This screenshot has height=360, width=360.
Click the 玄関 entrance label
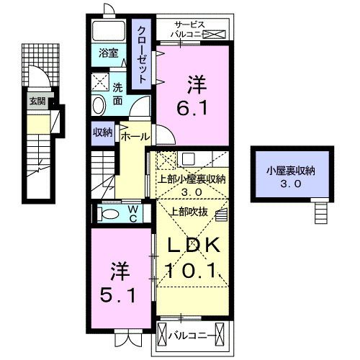click(x=37, y=102)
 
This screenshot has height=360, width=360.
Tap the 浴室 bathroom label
click(x=109, y=53)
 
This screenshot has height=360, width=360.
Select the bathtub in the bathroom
click(x=109, y=31)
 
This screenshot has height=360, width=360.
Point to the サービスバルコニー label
click(x=189, y=30)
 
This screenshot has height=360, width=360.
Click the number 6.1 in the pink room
click(x=192, y=108)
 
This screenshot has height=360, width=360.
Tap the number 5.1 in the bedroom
click(x=117, y=295)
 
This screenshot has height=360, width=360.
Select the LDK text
click(x=194, y=245)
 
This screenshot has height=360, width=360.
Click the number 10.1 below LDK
click(x=194, y=271)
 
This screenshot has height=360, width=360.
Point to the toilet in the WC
click(x=109, y=214)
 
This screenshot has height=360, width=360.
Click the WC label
click(x=133, y=214)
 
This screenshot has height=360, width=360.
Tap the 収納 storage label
click(x=103, y=132)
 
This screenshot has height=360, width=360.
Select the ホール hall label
click(x=135, y=137)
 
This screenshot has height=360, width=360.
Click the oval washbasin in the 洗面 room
click(x=99, y=106)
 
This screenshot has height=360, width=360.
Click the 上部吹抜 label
click(x=189, y=212)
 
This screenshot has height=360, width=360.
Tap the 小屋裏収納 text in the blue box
click(x=291, y=171)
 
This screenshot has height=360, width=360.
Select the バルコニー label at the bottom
click(x=190, y=336)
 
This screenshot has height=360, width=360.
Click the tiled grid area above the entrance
click(x=40, y=64)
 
